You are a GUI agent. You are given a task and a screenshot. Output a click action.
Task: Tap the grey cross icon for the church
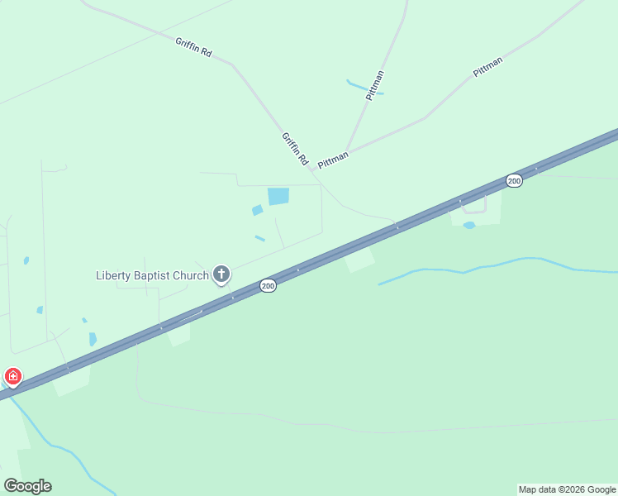tap(221, 274)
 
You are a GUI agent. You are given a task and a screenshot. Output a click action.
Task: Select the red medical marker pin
tap(13, 376)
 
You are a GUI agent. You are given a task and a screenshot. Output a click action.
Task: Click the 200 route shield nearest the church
tap(268, 286)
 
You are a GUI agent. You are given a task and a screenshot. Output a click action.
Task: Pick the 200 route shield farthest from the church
tap(514, 180)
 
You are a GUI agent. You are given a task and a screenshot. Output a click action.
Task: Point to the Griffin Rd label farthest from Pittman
tap(193, 47)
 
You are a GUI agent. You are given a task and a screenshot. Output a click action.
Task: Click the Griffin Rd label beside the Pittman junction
tap(294, 148)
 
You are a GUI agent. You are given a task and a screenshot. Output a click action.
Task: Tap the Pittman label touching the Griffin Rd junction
tap(333, 160)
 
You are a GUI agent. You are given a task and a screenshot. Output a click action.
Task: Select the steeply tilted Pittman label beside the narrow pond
tap(375, 86)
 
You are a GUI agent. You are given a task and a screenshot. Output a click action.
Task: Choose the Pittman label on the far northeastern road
tap(487, 67)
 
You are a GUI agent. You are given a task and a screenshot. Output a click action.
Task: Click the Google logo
tap(27, 486)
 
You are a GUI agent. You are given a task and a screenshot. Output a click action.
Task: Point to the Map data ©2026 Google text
tap(567, 489)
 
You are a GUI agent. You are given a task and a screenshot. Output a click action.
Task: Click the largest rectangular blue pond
tap(278, 196)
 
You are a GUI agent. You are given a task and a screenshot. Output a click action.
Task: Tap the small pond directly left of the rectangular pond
tap(257, 210)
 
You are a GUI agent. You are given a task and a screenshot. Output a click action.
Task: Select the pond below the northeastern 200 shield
tap(469, 225)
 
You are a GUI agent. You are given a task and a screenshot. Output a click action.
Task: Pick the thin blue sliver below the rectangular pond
tap(259, 239)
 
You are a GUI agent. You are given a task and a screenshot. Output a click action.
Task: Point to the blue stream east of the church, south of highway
tap(496, 265)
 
